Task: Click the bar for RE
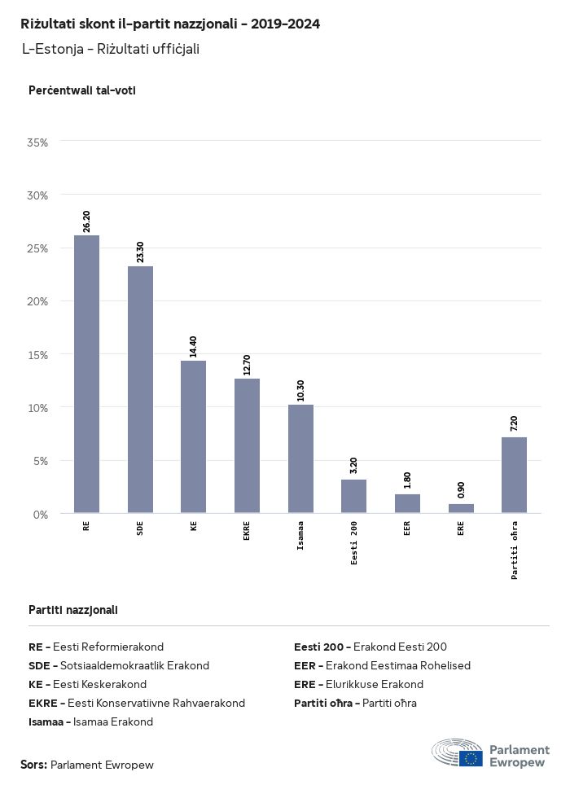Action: click(x=86, y=375)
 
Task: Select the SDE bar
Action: click(x=140, y=390)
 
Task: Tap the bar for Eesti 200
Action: click(x=353, y=497)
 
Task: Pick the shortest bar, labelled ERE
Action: click(x=461, y=509)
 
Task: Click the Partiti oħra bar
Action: click(x=514, y=476)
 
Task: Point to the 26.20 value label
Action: click(x=86, y=221)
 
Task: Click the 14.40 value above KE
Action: click(x=193, y=347)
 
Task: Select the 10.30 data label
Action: click(x=300, y=391)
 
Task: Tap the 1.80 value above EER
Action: click(x=407, y=480)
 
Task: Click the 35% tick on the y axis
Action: click(x=38, y=143)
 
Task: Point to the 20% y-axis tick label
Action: click(x=38, y=301)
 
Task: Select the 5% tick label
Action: click(x=41, y=461)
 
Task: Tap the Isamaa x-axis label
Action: click(x=300, y=537)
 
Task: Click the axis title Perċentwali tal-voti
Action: click(x=81, y=90)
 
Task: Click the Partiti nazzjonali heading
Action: click(x=73, y=610)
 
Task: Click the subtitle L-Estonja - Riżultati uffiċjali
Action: click(x=111, y=49)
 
